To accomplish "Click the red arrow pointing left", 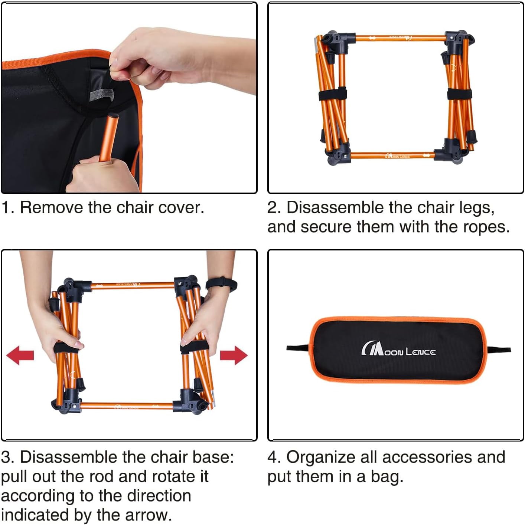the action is coord(20,355).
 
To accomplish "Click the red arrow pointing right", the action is coord(234,355).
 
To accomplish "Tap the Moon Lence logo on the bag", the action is coord(398,350).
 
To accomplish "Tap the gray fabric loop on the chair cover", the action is coord(101,94).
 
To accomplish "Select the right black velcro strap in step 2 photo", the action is coord(460,94).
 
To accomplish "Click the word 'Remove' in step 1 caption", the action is coord(52,208).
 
